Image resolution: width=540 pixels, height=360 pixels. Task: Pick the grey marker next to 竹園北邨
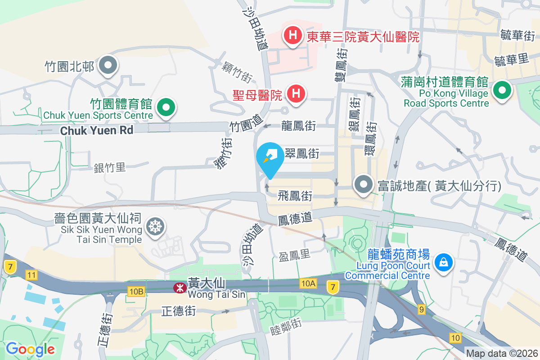point(108,65)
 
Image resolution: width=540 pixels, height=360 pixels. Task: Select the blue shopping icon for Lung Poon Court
point(443,261)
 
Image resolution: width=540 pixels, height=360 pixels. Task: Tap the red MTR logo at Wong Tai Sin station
point(180,288)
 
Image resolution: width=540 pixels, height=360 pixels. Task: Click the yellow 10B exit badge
point(136,292)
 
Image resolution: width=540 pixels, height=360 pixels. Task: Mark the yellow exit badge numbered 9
point(421,309)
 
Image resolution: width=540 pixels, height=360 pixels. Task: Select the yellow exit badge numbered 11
point(31,274)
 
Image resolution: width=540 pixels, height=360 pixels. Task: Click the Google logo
point(30,349)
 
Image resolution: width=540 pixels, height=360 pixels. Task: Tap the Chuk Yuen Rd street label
point(96,130)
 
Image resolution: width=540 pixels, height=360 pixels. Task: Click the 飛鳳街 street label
point(295,196)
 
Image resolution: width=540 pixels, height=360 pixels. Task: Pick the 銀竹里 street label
point(110,168)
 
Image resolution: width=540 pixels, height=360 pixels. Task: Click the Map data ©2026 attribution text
point(502,354)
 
